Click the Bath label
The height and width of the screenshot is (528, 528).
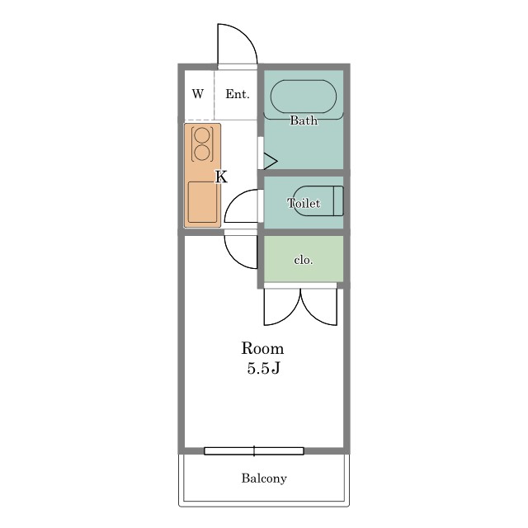(x=304, y=120)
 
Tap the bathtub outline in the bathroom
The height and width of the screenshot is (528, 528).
(x=304, y=80)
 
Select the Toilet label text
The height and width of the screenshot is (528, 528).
(x=304, y=203)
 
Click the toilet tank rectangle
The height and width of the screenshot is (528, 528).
(x=338, y=200)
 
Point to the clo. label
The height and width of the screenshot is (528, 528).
(x=304, y=260)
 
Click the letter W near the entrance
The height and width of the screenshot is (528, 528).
(x=198, y=93)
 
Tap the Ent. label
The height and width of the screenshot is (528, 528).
(x=238, y=94)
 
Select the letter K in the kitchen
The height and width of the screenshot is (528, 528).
(x=221, y=177)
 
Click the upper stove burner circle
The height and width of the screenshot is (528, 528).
(x=202, y=136)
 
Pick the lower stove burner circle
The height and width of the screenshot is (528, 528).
(x=202, y=153)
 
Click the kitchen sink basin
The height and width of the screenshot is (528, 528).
(x=202, y=202)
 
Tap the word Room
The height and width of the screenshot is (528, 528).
(x=262, y=348)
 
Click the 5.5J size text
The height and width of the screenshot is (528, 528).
(x=263, y=368)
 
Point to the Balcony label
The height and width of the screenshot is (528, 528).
(x=264, y=478)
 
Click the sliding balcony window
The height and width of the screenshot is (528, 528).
(x=254, y=451)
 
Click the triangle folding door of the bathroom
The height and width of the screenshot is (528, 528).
(x=270, y=162)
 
